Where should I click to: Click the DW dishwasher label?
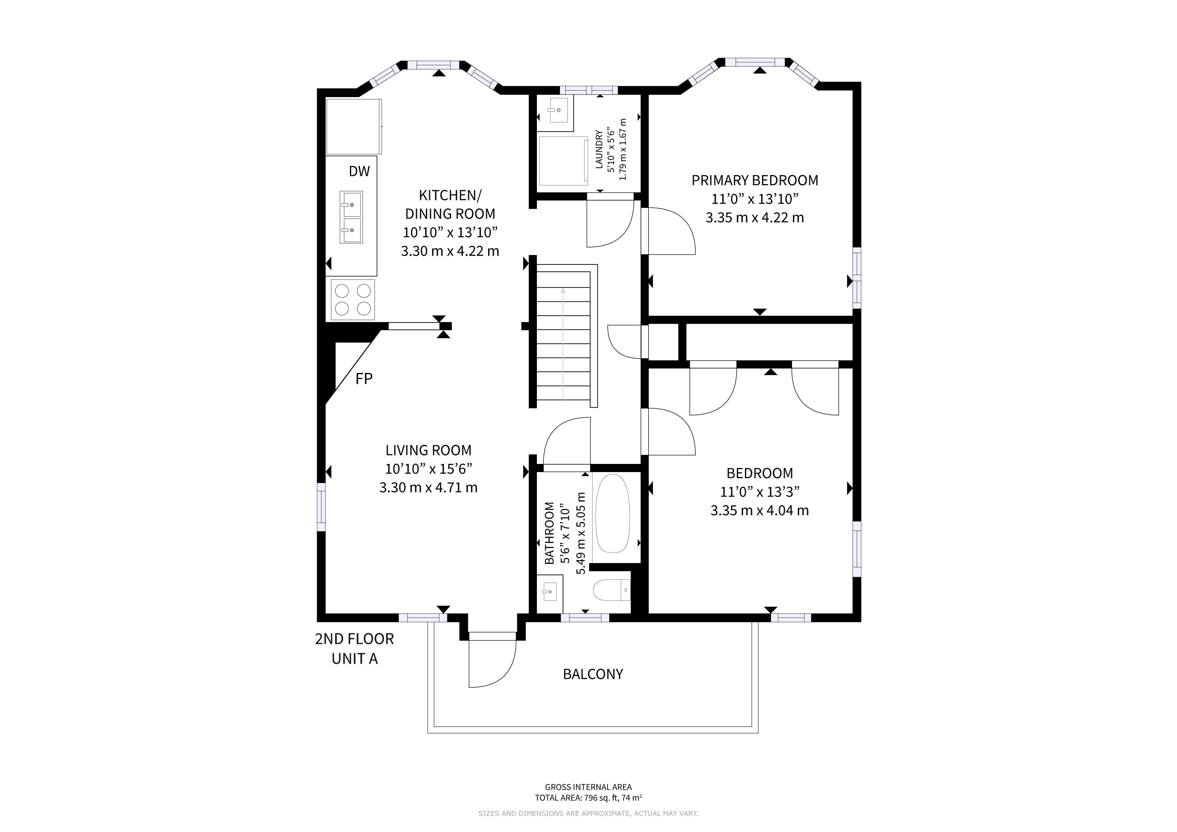[x=359, y=171]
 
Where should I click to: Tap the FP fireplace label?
[x=364, y=379]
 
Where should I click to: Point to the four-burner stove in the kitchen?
[x=353, y=300]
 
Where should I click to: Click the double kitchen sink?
[x=351, y=217]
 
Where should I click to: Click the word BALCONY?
[x=593, y=674]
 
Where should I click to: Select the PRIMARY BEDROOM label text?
[x=755, y=180]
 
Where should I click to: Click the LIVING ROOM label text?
[x=428, y=450]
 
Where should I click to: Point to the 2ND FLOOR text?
[x=354, y=639]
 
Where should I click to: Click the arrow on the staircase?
[x=563, y=343]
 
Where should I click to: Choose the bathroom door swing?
[x=567, y=444]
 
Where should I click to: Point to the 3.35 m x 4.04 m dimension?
[x=760, y=510]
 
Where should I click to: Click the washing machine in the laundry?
[x=563, y=161]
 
